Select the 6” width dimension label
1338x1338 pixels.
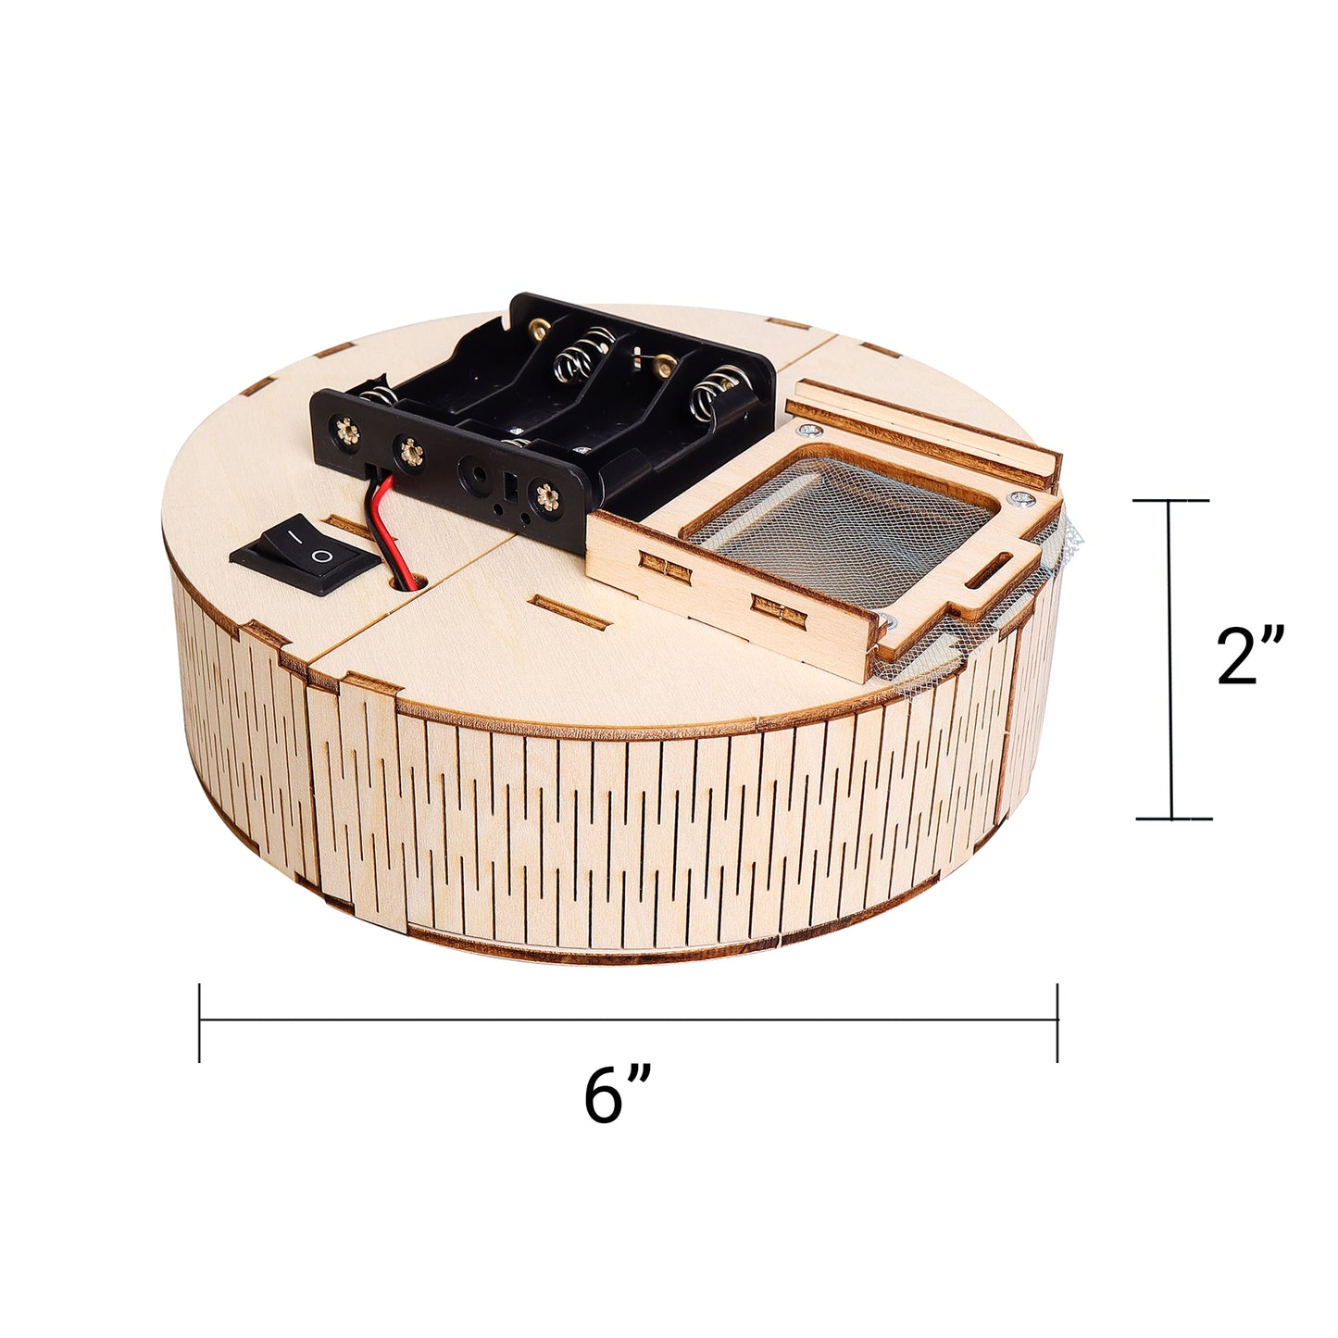click(x=617, y=1095)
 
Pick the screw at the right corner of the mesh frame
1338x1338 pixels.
click(x=1021, y=501)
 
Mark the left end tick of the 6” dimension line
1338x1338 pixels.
click(x=200, y=1022)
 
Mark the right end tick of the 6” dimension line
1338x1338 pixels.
click(x=1057, y=1022)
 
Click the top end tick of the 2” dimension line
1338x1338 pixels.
click(x=1172, y=501)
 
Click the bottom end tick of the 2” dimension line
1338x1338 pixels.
click(x=1172, y=819)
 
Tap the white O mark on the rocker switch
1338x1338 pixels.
click(x=319, y=556)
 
